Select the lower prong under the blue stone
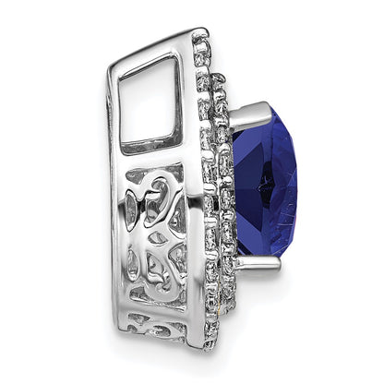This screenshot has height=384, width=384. coord(254,264)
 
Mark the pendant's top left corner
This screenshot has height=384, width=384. coord(113,43)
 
